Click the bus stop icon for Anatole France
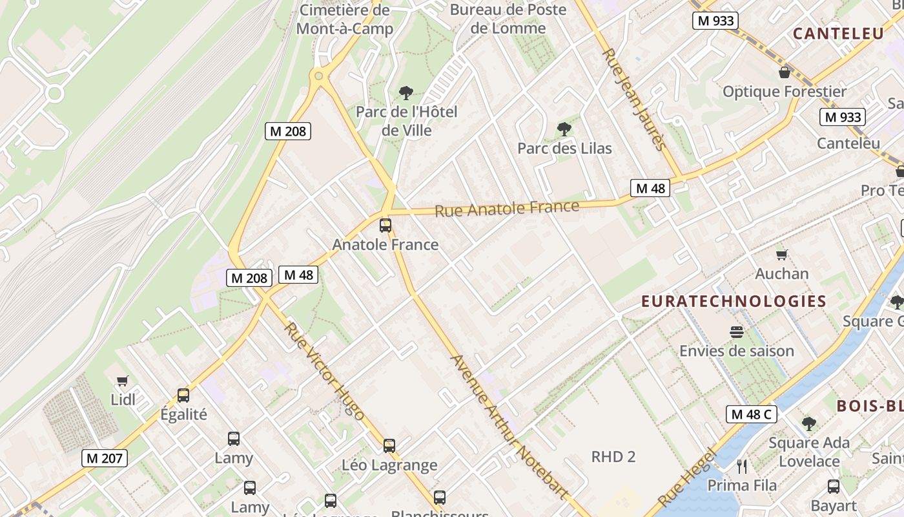pyautogui.click(x=385, y=226)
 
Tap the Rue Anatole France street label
pyautogui.click(x=507, y=209)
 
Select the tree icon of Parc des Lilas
pyautogui.click(x=564, y=129)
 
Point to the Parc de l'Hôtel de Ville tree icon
pyautogui.click(x=406, y=93)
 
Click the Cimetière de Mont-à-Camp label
pyautogui.click(x=345, y=19)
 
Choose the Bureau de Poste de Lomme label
pyautogui.click(x=508, y=19)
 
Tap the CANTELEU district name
pyautogui.click(x=838, y=34)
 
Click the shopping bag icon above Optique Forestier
pyautogui.click(x=785, y=72)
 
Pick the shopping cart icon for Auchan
pyautogui.click(x=782, y=255)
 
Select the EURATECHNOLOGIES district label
pyautogui.click(x=734, y=301)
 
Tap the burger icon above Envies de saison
pyautogui.click(x=737, y=332)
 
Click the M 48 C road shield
pyautogui.click(x=752, y=414)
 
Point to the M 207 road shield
pyautogui.click(x=105, y=458)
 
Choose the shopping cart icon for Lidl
pyautogui.click(x=123, y=381)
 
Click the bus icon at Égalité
pyautogui.click(x=183, y=395)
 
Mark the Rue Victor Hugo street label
pyautogui.click(x=324, y=371)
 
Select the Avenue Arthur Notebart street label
pyautogui.click(x=509, y=427)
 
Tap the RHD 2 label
pyautogui.click(x=613, y=457)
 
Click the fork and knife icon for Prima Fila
pyautogui.click(x=742, y=466)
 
